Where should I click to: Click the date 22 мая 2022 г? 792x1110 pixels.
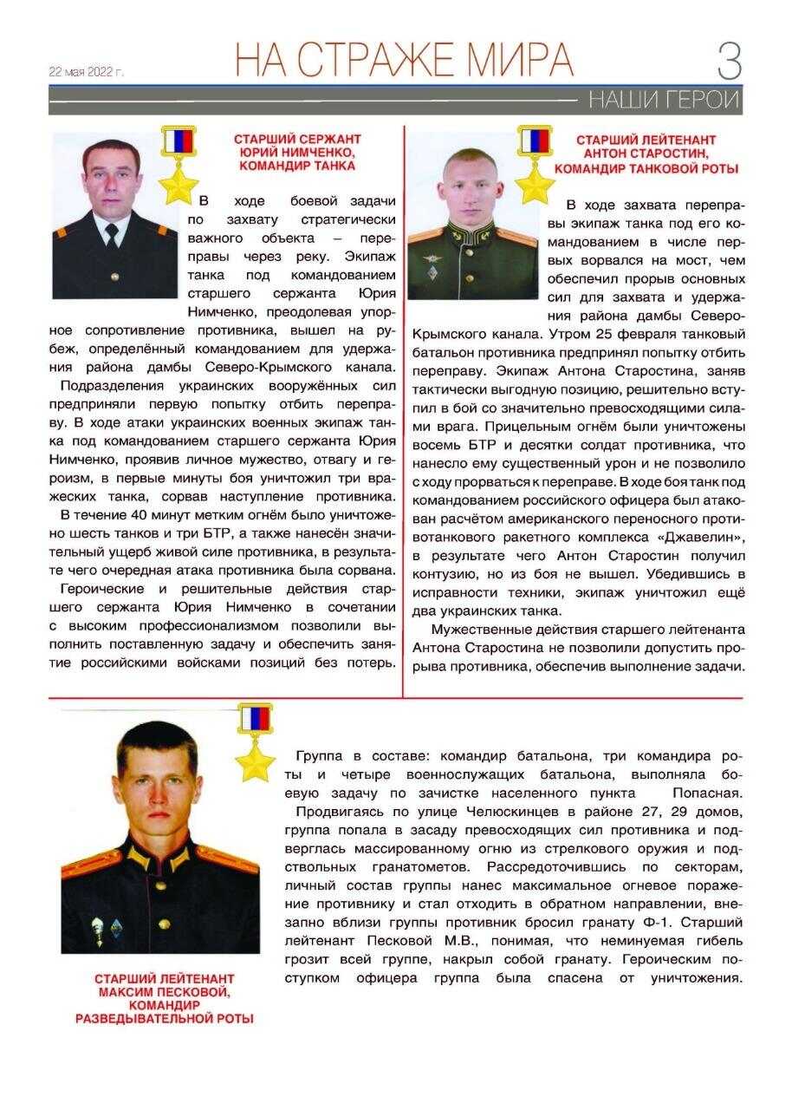[87, 72]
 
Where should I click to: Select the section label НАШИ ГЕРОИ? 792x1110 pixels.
[664, 100]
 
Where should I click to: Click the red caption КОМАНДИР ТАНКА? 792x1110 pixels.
[297, 166]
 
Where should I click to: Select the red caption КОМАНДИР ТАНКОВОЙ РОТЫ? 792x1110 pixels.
[646, 168]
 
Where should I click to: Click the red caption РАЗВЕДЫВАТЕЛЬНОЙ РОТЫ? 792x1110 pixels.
[165, 1019]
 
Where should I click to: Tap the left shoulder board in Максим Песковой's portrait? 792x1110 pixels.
[90, 862]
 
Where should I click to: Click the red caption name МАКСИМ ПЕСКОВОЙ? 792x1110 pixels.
[164, 991]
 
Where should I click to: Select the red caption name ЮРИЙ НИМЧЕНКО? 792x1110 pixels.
[297, 152]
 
